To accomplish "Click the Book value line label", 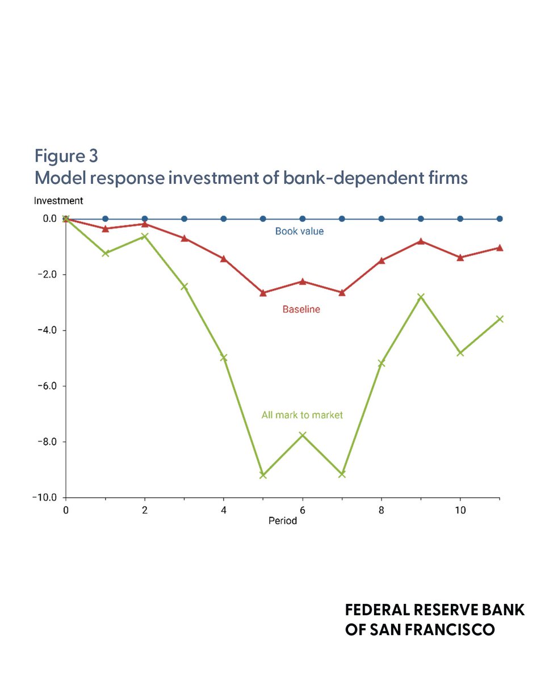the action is click(299, 231).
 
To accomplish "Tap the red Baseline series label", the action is click(301, 309).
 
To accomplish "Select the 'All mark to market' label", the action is click(302, 415).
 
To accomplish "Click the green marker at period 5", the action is click(263, 475).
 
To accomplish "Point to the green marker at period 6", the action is click(303, 435).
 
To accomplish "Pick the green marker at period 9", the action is click(421, 296).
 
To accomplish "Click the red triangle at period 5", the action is click(263, 293).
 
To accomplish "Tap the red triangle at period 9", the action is click(421, 241).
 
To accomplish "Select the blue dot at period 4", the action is click(224, 218).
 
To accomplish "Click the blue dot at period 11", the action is click(500, 218).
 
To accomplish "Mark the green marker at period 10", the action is click(460, 352).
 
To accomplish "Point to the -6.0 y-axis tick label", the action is click(47, 386).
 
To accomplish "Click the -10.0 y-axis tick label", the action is click(45, 498).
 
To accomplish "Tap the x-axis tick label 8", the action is click(381, 510).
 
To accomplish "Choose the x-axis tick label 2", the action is click(145, 510).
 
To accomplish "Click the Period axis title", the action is click(283, 521).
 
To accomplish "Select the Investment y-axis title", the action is click(58, 201).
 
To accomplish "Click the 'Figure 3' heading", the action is click(66, 156).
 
